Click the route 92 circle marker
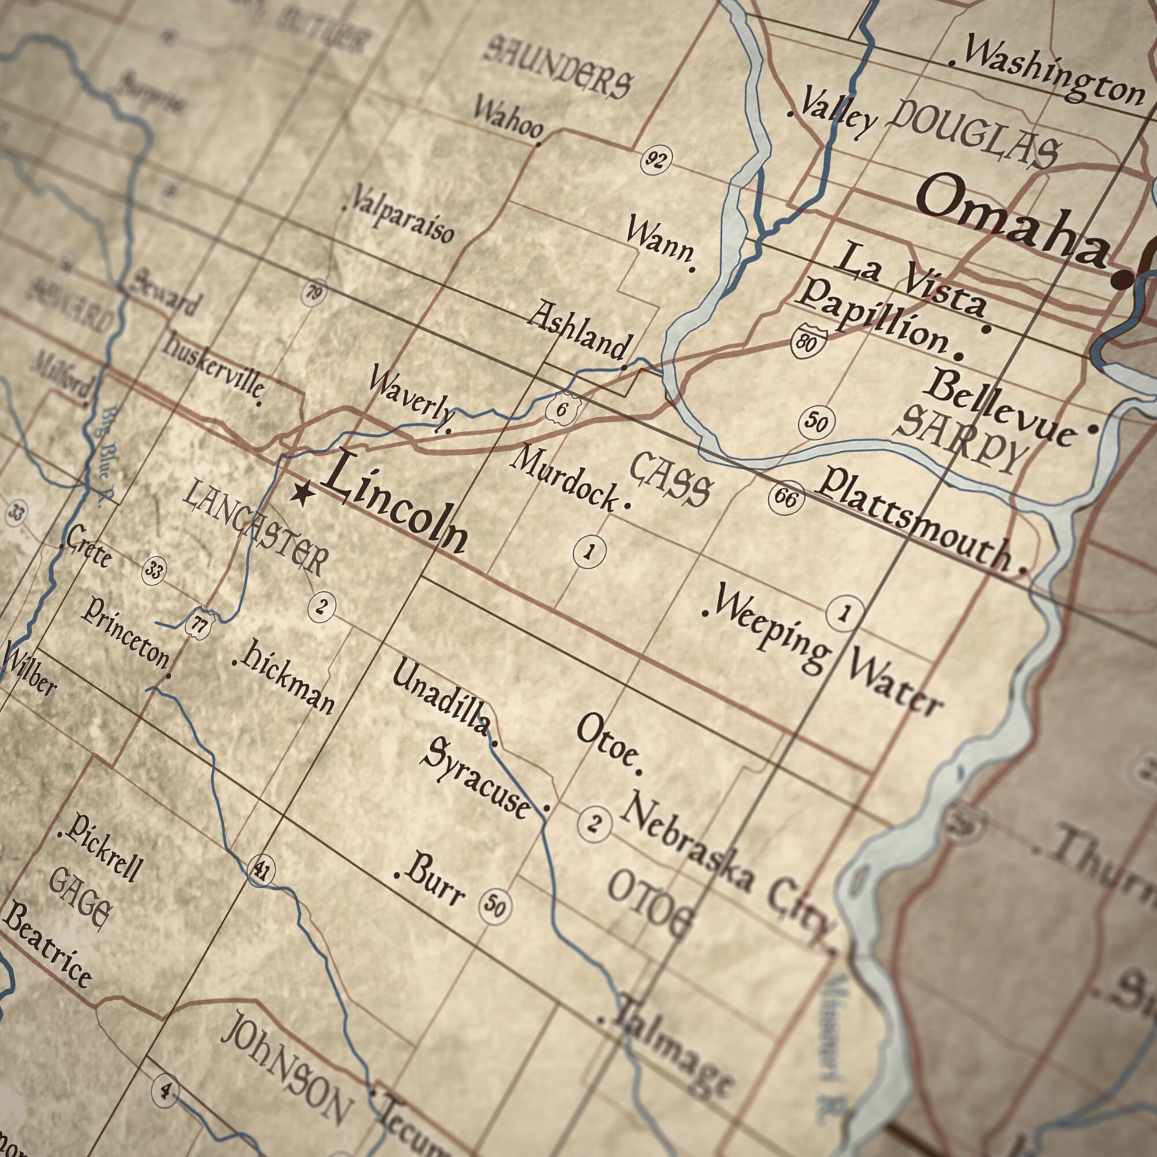click(656, 159)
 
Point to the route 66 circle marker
click(786, 497)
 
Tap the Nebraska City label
click(725, 868)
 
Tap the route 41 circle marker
click(261, 869)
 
